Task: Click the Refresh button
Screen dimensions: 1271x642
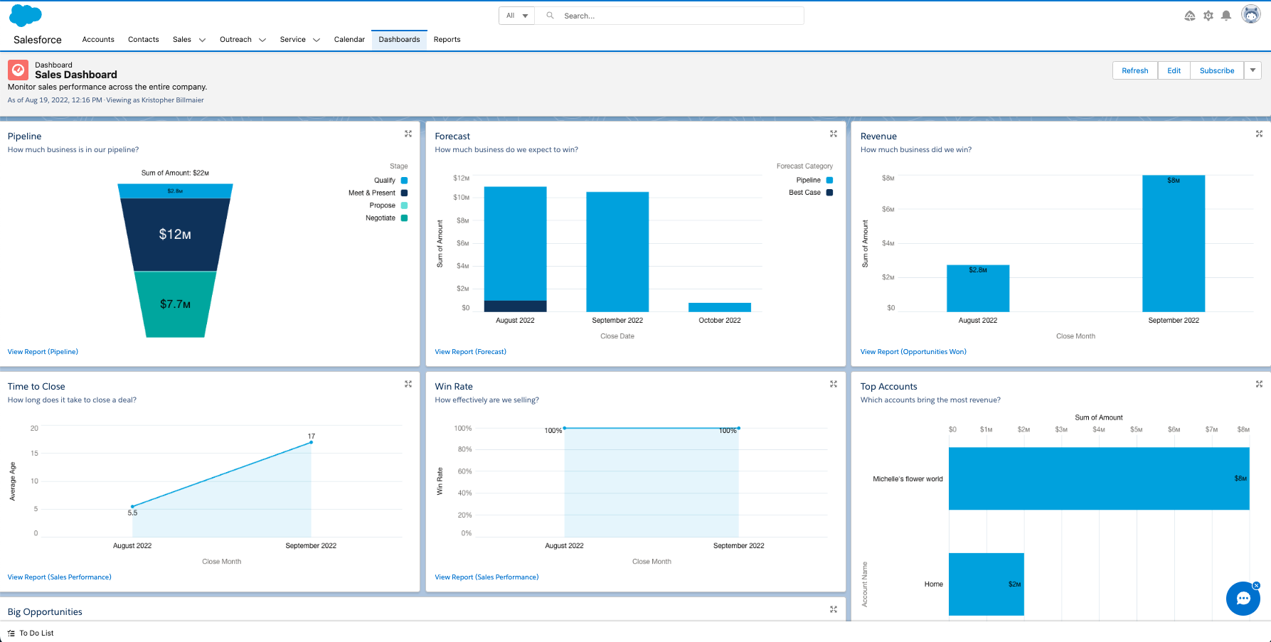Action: [1134, 70]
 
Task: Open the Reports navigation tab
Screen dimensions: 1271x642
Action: [447, 40]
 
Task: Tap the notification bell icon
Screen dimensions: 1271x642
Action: [1226, 16]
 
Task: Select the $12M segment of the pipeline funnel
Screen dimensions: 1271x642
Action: [175, 235]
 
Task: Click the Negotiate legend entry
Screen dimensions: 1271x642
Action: [386, 218]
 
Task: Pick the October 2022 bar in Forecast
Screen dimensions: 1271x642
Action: [720, 307]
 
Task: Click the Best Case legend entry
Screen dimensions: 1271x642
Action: [811, 193]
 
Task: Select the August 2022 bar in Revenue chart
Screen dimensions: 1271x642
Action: [978, 289]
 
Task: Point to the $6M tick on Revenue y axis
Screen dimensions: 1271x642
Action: [888, 209]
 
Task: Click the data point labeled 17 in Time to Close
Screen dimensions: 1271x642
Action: [311, 442]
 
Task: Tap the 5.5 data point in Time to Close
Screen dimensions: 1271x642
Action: [132, 506]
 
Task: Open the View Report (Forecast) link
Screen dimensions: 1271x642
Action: [470, 352]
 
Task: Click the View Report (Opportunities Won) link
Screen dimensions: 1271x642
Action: [913, 352]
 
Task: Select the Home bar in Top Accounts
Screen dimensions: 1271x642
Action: [987, 584]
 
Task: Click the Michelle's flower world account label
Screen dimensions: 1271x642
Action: [908, 479]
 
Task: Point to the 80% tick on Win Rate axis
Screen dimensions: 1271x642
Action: [464, 449]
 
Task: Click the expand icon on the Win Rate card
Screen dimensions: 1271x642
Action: [834, 384]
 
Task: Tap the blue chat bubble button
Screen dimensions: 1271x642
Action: [1243, 599]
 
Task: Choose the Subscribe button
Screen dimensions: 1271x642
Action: [1217, 70]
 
